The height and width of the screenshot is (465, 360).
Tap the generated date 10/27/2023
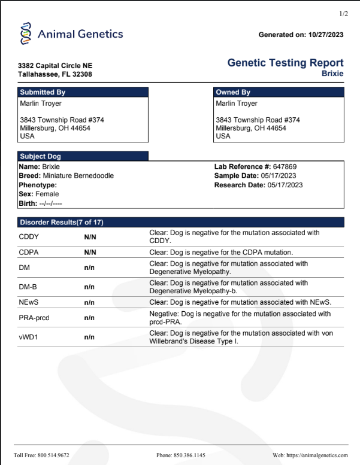pos(326,35)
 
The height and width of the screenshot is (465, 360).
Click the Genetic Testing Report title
pos(286,63)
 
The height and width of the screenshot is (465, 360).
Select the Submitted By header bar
pos(83,92)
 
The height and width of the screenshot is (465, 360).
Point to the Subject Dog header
pos(83,156)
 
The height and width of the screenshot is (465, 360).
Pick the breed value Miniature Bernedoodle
pos(78,175)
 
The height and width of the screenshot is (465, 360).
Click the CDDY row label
pos(29,236)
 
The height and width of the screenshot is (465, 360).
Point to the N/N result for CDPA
pos(90,253)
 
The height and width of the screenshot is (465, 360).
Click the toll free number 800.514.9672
pos(53,455)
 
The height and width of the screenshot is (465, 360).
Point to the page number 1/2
pos(343,13)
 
